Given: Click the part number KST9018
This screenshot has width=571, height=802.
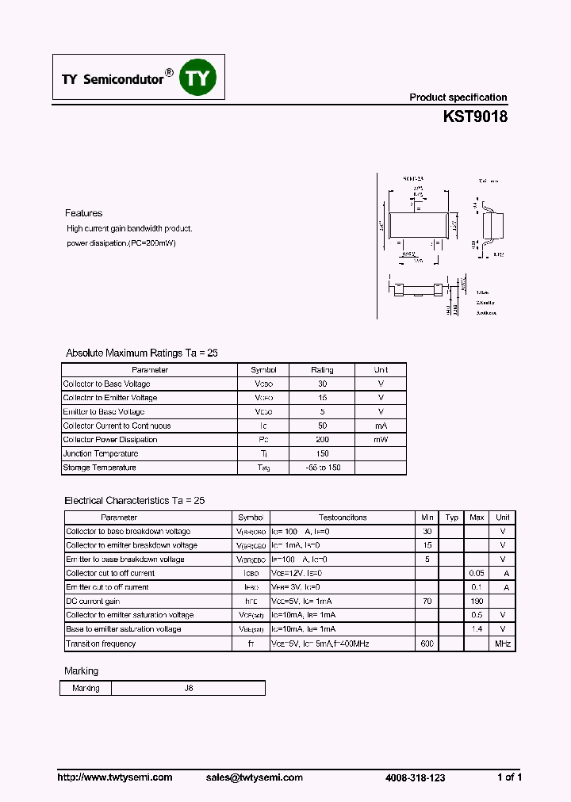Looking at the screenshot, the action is tap(474, 116).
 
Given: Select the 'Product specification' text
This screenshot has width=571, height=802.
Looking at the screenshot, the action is tap(458, 97).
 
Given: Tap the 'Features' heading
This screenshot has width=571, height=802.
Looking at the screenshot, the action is tap(83, 213).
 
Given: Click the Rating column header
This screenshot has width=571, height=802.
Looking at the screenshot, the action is tap(322, 370).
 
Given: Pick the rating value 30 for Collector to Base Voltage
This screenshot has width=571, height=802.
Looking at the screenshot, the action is tap(322, 384).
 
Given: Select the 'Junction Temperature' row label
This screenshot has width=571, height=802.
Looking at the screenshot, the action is tap(101, 453).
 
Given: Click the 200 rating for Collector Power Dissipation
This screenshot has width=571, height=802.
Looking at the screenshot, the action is tap(322, 440).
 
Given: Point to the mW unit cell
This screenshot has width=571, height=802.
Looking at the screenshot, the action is tap(381, 440).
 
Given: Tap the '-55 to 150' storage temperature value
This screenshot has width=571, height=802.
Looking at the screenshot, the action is tap(322, 468).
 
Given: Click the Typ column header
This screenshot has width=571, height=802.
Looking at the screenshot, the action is tap(451, 517).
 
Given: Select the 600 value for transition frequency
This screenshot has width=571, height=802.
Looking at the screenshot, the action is tap(427, 644).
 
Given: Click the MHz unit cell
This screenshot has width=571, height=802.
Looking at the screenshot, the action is tap(503, 644).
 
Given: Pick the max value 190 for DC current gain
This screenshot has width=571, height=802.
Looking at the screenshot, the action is tap(477, 601).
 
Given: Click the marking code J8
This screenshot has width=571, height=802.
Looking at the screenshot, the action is tap(189, 688).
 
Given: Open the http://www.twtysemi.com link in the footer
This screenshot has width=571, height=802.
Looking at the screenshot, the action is tap(115, 777).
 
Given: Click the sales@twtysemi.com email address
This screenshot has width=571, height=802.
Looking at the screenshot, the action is tap(255, 777).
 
